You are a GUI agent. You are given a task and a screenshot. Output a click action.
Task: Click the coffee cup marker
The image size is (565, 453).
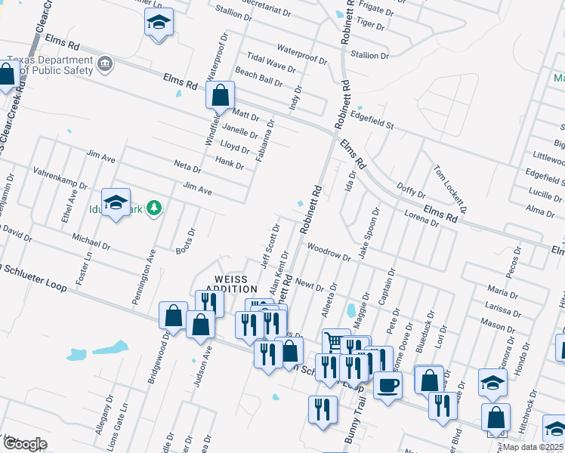pyautogui.click(x=388, y=385)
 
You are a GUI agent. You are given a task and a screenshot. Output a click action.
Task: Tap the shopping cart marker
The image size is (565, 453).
pyautogui.click(x=335, y=341)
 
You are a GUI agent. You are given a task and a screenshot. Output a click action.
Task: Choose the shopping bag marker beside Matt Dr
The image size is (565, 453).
pyautogui.click(x=221, y=96)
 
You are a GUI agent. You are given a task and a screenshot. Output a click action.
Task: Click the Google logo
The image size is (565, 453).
pyautogui.click(x=25, y=444)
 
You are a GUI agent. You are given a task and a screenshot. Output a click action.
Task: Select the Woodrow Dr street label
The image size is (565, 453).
pyautogui.click(x=329, y=251)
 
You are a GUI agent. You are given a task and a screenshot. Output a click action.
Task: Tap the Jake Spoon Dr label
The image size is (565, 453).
pyautogui.click(x=368, y=231)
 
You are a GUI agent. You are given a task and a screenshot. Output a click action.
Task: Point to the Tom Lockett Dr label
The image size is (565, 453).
pyautogui.click(x=449, y=190)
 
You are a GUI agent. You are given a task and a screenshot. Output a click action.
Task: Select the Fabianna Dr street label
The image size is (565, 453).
pyautogui.click(x=264, y=136)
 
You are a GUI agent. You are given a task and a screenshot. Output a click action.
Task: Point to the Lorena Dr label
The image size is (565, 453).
pyautogui.click(x=421, y=218)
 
